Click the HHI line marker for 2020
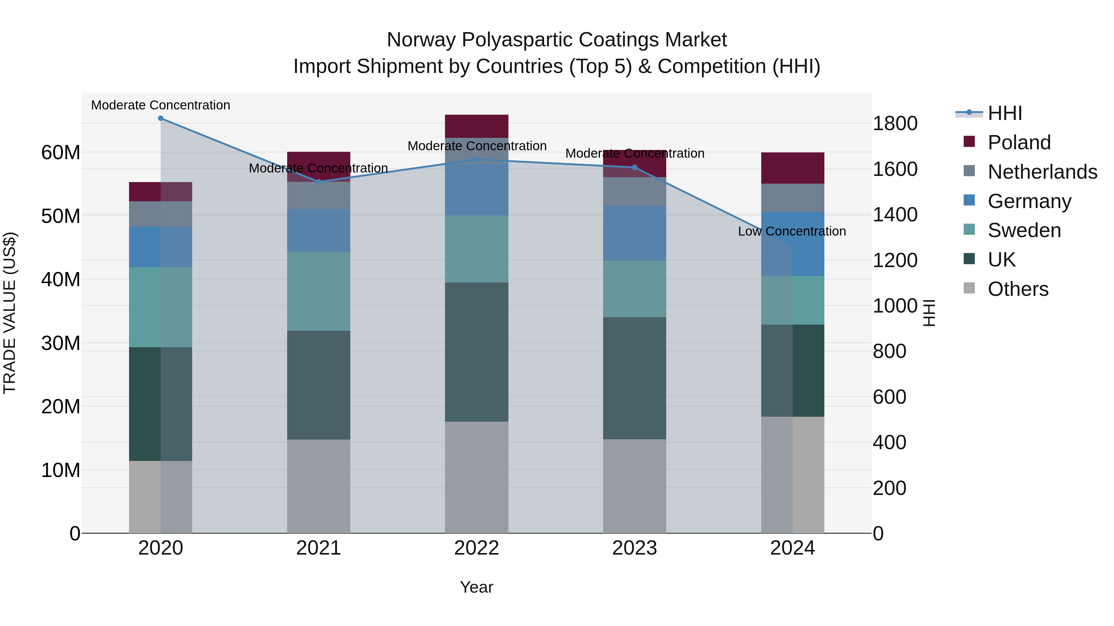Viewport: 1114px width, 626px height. click(x=160, y=118)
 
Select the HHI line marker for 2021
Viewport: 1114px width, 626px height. click(x=319, y=182)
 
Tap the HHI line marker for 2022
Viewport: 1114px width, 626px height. click(x=477, y=160)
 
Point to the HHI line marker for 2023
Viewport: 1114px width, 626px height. click(x=634, y=167)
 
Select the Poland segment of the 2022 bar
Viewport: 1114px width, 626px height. click(x=477, y=126)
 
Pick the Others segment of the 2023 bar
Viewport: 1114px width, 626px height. click(x=634, y=486)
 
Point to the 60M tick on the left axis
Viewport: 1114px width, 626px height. click(x=61, y=152)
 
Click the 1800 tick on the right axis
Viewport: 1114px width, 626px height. click(x=895, y=124)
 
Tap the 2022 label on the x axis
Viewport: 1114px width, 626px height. click(x=477, y=548)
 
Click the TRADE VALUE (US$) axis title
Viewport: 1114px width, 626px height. click(x=10, y=313)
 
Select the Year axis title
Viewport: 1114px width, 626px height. click(x=477, y=587)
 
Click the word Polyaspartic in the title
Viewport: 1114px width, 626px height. click(x=517, y=40)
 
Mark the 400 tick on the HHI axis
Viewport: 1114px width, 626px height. click(x=889, y=442)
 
